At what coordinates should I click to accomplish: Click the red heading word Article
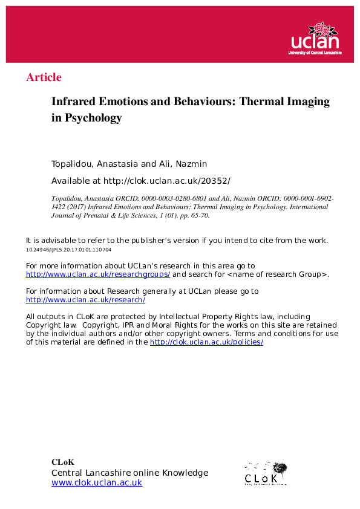point(44,77)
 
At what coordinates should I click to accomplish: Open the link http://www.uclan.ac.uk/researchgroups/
point(98,274)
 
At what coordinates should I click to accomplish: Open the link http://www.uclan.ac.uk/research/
point(85,299)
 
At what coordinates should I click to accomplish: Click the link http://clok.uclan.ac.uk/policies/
point(206,342)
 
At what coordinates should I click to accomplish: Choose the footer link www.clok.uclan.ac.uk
point(97,482)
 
